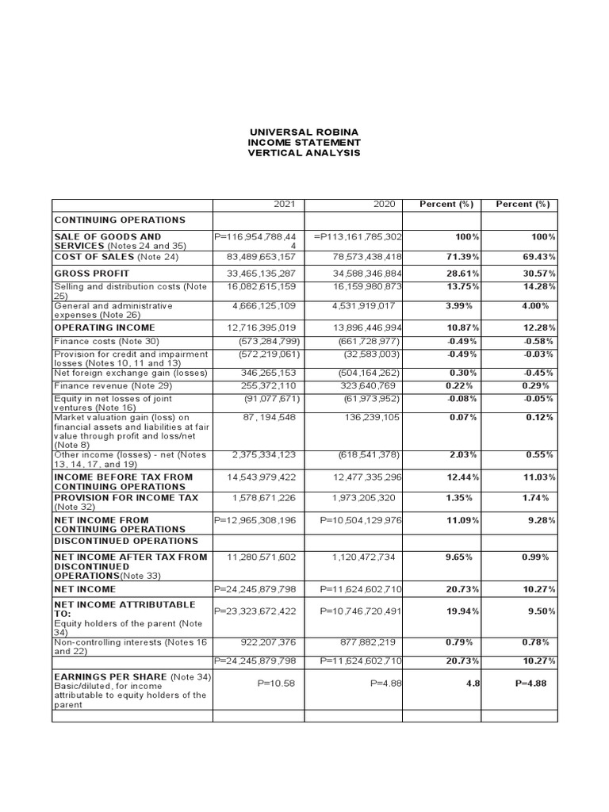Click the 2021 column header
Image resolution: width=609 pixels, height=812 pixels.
coord(283,205)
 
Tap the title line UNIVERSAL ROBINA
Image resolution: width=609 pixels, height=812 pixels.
coord(305,132)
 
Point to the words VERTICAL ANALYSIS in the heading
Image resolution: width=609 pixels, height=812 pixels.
coord(305,153)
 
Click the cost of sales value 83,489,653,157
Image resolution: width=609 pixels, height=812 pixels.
coord(260,257)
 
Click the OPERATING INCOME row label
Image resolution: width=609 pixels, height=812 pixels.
coord(105,327)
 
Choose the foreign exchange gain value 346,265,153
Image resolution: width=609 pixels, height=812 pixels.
coord(264,373)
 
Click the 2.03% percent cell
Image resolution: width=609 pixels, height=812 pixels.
coord(461,455)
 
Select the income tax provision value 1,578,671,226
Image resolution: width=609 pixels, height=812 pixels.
coord(264,498)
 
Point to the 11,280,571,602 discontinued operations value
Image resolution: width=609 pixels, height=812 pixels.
coord(261,557)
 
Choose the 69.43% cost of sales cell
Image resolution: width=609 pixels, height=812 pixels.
coord(539,257)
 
